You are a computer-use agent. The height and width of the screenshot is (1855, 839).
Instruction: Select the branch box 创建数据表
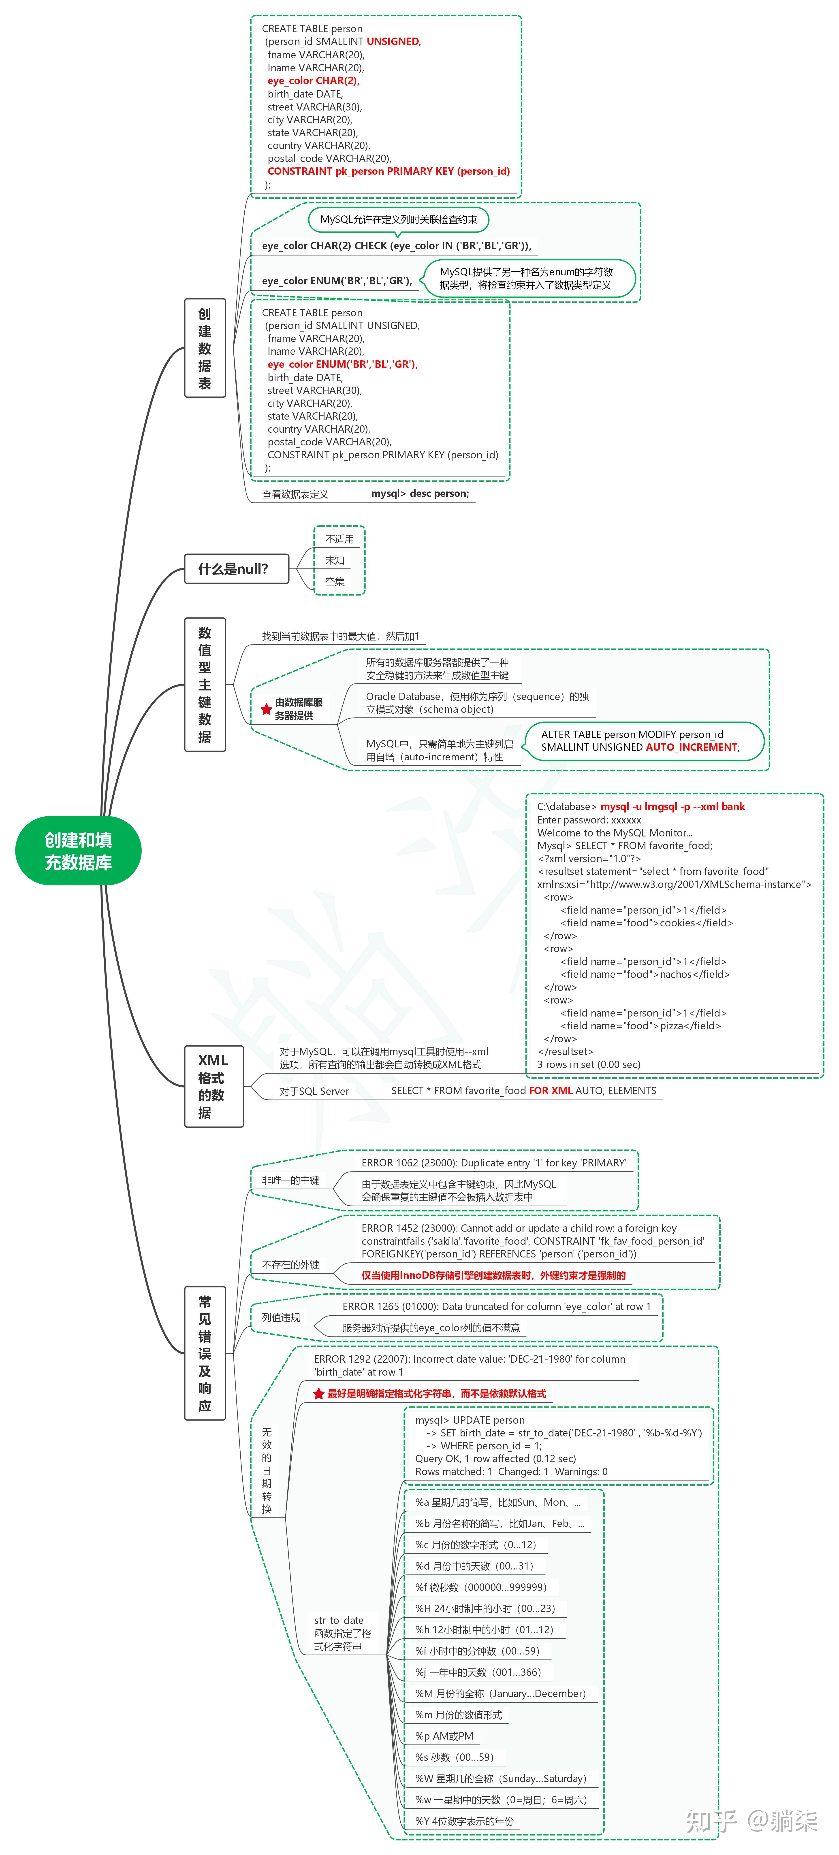click(x=205, y=348)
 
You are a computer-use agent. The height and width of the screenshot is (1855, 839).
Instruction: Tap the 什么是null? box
click(x=237, y=569)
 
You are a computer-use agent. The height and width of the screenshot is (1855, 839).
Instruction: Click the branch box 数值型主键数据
click(x=205, y=684)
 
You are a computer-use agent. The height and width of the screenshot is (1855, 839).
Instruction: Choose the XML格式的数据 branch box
click(x=214, y=1086)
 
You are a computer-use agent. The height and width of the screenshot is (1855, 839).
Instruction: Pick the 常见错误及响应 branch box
click(x=205, y=1353)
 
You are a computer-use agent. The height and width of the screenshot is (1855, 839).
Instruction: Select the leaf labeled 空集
click(x=335, y=581)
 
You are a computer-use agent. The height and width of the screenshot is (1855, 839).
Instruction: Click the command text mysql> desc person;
click(x=420, y=493)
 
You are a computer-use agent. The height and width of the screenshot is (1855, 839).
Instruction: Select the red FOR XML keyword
click(x=551, y=1090)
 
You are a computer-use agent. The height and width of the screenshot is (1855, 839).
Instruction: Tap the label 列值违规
click(x=281, y=1317)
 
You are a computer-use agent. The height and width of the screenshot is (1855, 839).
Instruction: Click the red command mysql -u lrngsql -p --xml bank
click(x=673, y=806)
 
